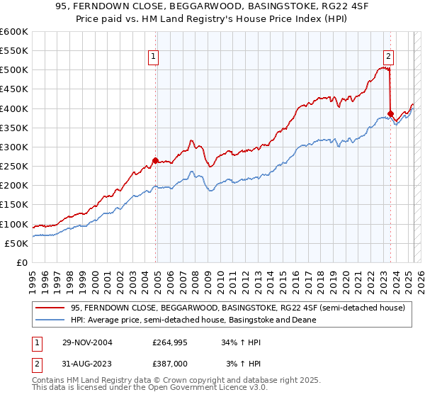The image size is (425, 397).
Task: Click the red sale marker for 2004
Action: point(156,160)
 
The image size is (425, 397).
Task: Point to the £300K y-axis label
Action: point(14,147)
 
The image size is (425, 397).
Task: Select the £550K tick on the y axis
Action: point(14,51)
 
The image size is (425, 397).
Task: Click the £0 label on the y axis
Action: point(22,262)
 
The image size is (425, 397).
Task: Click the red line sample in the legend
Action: point(51,308)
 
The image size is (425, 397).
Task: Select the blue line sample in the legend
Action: point(51,320)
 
